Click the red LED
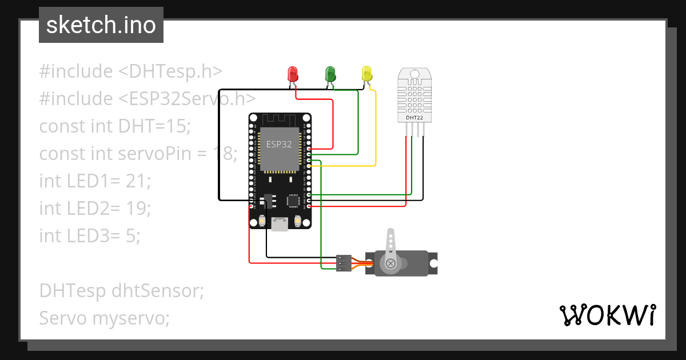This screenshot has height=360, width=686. pos(293,74)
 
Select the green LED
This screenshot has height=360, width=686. pos(330,74)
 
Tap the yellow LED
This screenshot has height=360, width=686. pos(367,73)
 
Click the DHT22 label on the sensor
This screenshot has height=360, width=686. pos(415,118)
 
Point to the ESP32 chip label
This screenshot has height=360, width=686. pos(279,145)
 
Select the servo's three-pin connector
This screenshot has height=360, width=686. pos(344,263)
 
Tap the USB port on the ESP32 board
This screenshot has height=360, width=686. pos(280,224)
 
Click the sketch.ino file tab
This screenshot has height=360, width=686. pos(101,25)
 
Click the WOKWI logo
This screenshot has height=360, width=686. pos(607,315)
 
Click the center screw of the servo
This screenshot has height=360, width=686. pos(391,263)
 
